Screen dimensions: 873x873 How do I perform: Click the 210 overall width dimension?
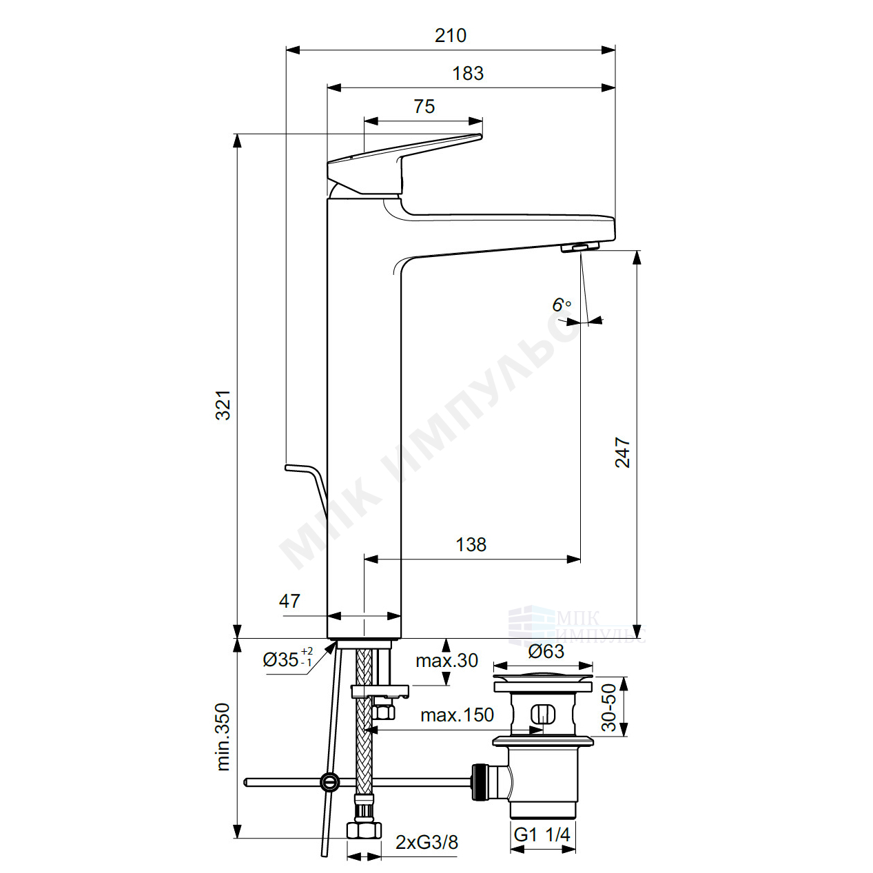pyautogui.click(x=451, y=35)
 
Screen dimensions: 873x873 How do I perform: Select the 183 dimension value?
pyautogui.click(x=468, y=74)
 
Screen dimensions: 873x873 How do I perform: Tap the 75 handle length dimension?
pyautogui.click(x=424, y=107)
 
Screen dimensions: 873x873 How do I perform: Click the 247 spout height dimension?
pyautogui.click(x=622, y=452)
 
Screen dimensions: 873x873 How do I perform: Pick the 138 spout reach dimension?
pyautogui.click(x=471, y=544)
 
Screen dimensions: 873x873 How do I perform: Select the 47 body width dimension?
pyautogui.click(x=289, y=602)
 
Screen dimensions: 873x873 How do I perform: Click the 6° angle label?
pyautogui.click(x=562, y=305)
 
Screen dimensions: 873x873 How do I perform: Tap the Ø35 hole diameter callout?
pyautogui.click(x=288, y=659)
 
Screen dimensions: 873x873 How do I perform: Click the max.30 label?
pyautogui.click(x=446, y=661)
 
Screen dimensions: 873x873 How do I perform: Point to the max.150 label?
pyautogui.click(x=457, y=715)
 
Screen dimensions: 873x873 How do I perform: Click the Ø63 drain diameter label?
pyautogui.click(x=546, y=651)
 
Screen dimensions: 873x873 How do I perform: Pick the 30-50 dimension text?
pyautogui.click(x=609, y=708)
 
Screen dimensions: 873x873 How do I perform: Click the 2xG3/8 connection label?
pyautogui.click(x=427, y=842)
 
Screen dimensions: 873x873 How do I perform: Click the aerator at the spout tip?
pyautogui.click(x=579, y=247)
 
